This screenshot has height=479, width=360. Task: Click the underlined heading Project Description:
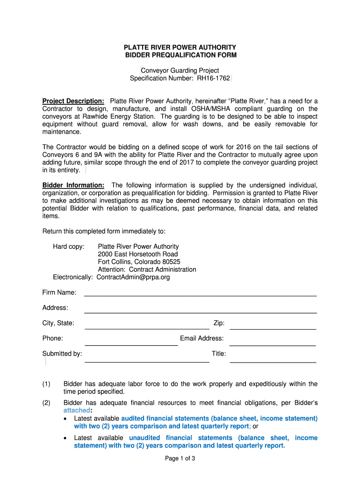pos(73,101)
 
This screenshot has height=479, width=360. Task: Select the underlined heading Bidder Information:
pos(73,185)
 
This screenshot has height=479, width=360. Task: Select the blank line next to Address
pos(200,312)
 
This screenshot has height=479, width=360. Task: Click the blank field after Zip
pos(273,328)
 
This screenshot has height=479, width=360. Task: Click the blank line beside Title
pos(273,361)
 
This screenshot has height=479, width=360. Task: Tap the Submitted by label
pos(62,354)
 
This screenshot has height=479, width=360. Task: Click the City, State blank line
pos(146,328)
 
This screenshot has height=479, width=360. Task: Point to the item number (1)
pos(46,384)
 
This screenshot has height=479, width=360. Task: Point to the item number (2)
pos(46,403)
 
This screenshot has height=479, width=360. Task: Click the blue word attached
pos(77,410)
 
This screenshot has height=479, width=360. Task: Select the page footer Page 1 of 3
pos(180,458)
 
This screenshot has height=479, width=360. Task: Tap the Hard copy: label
pos(69,247)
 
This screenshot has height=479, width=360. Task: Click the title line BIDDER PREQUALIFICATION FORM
pos(180,55)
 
